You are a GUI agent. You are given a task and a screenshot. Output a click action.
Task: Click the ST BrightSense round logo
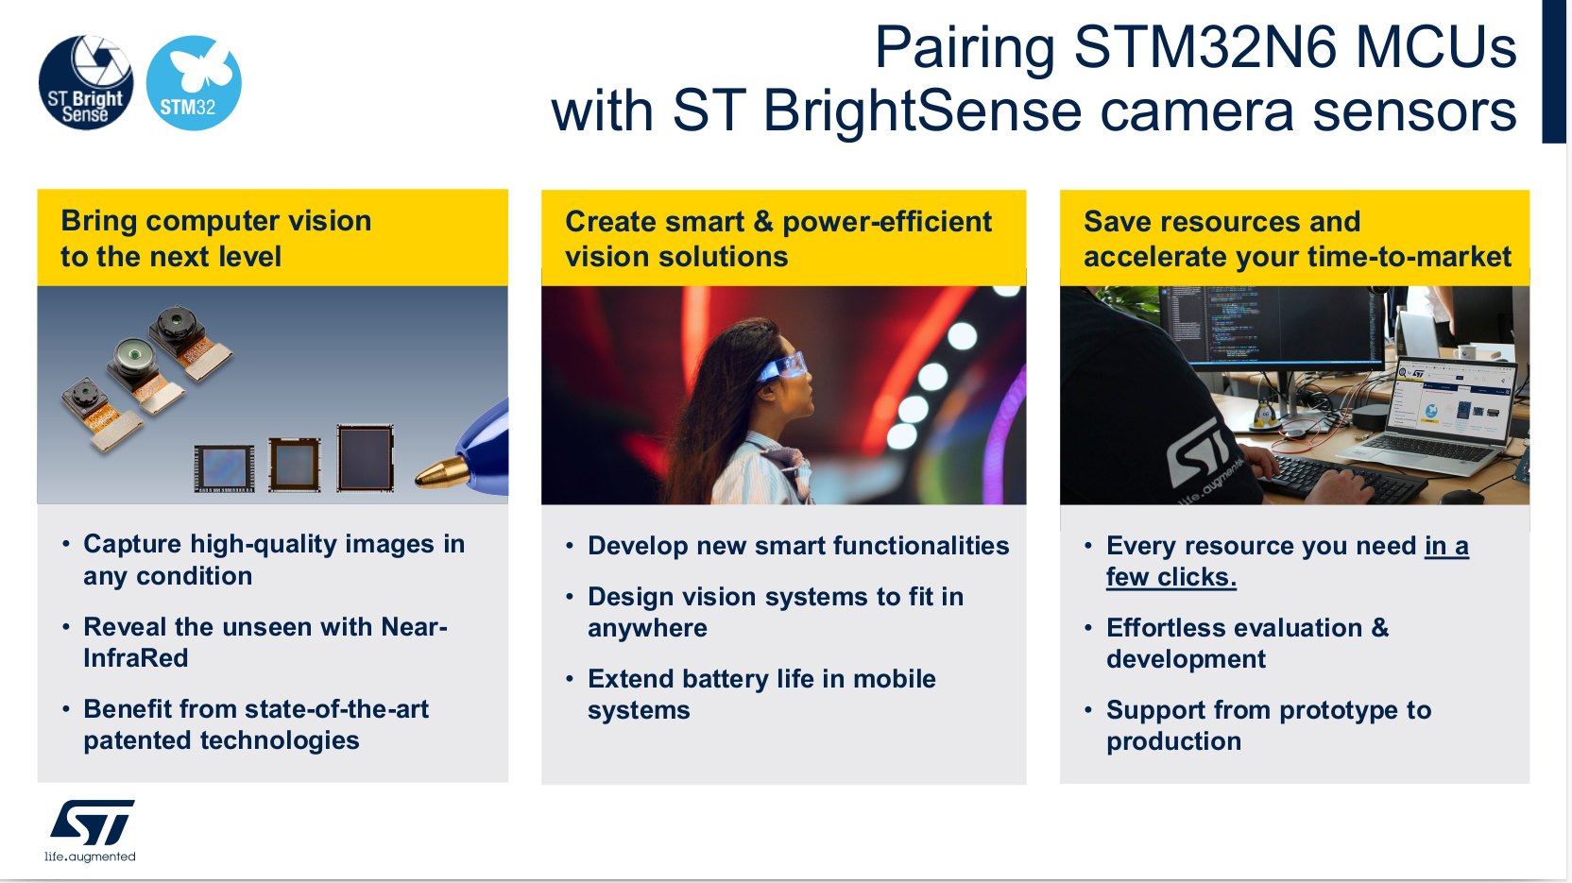click(86, 83)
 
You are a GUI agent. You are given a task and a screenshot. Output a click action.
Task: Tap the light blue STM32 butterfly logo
click(194, 83)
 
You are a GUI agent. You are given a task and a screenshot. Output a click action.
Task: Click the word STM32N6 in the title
click(1205, 48)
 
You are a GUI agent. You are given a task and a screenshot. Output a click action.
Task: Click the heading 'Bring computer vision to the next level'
click(216, 239)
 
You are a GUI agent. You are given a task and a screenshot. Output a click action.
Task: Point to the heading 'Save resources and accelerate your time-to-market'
click(1297, 239)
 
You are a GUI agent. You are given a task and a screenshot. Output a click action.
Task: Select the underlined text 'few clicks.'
click(1171, 577)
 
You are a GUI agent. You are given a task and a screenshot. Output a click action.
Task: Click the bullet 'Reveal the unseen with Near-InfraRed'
click(265, 642)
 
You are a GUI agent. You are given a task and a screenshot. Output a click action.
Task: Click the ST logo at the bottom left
click(92, 822)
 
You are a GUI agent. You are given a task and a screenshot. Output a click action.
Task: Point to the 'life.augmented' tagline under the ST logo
click(90, 857)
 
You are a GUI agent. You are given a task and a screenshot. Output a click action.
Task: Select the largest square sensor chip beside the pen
click(365, 458)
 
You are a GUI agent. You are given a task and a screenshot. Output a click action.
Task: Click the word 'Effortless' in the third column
click(1164, 628)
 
